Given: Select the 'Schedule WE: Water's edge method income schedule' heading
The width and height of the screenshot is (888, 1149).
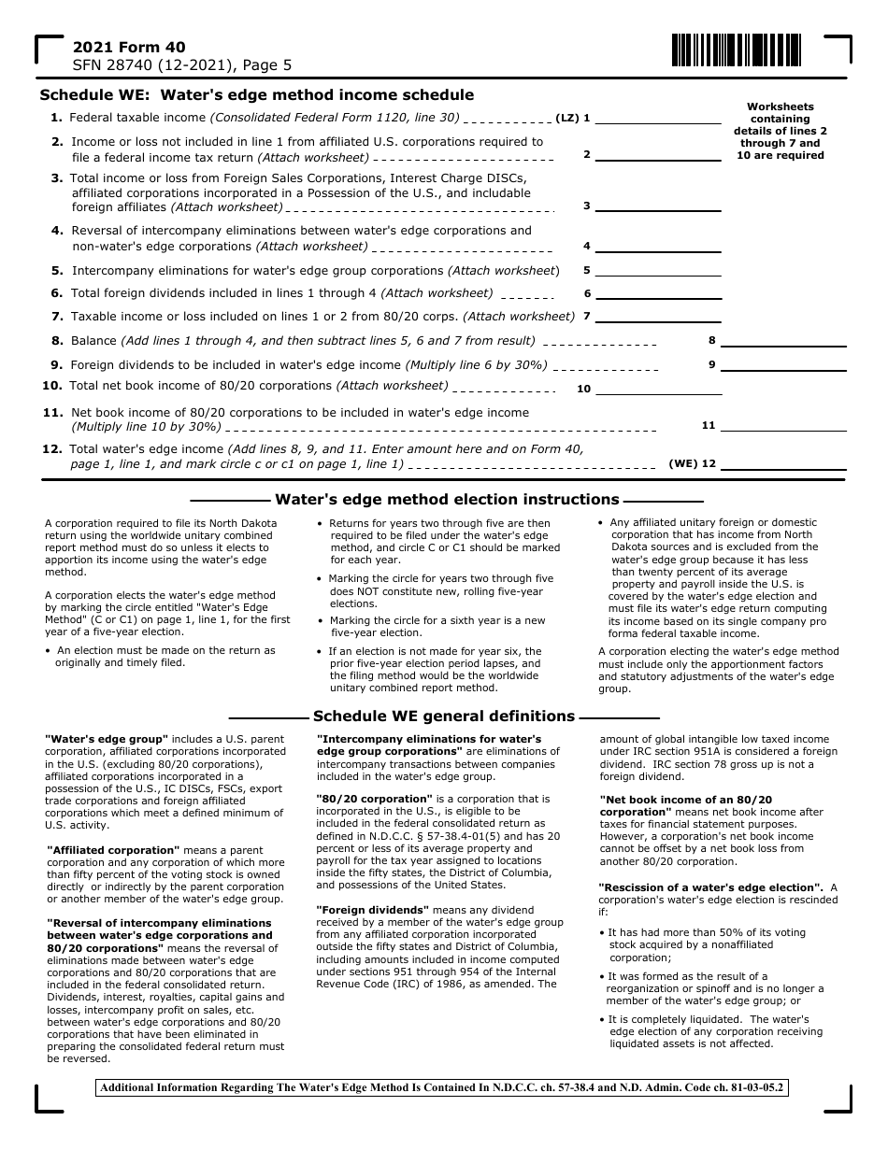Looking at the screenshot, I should (256, 95).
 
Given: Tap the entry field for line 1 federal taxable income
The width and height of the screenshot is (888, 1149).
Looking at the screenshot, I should (658, 118).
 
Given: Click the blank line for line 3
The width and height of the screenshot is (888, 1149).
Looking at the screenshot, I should (658, 206).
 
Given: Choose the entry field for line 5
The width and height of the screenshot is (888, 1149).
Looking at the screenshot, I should (658, 270).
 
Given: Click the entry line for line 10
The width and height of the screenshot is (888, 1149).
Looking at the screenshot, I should (658, 388).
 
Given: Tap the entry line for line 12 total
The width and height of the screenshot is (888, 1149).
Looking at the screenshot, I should (782, 463).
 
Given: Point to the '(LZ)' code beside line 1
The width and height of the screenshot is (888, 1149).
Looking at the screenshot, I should (567, 119).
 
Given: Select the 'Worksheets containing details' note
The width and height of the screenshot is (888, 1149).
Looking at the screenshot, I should (781, 131).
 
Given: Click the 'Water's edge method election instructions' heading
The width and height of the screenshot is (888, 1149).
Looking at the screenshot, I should (447, 500).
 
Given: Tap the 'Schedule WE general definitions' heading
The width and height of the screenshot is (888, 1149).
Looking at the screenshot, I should (443, 716).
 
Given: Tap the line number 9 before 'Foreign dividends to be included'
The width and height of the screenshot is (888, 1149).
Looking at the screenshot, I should (57, 365).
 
